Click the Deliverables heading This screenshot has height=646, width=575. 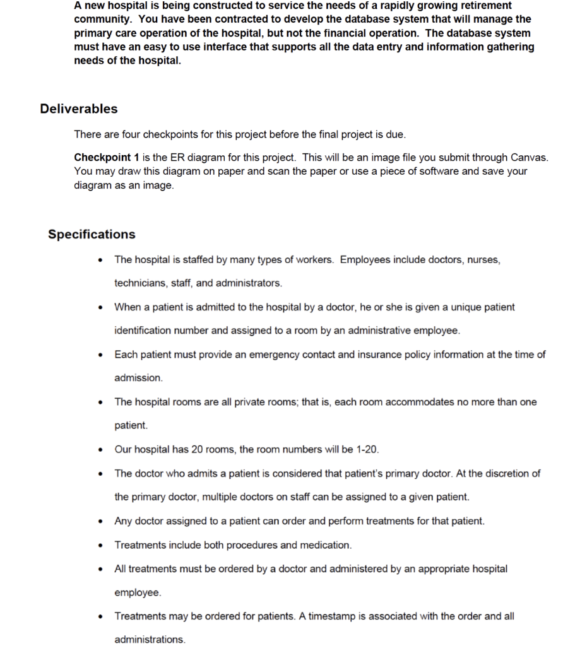79,109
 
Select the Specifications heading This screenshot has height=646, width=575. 92,234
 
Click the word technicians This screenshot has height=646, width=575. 141,283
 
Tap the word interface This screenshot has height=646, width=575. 228,47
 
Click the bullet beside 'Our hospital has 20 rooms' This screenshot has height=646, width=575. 101,450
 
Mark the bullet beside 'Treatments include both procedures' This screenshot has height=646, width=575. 101,545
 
